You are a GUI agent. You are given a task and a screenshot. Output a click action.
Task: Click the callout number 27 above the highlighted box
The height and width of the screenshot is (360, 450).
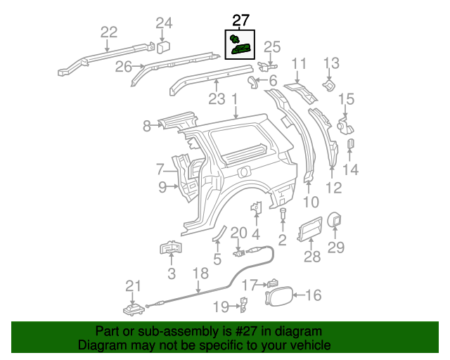(x=240, y=22)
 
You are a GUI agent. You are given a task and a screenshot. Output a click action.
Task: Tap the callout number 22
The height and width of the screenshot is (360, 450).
(x=108, y=32)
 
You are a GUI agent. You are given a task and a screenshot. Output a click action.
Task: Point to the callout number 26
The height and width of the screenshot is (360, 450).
(x=124, y=67)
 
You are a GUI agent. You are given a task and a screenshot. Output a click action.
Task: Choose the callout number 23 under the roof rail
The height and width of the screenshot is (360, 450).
(x=217, y=98)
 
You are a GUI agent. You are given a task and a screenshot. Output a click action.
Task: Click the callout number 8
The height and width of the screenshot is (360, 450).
(x=146, y=127)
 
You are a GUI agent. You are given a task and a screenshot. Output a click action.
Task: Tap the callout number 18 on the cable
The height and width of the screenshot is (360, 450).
(x=200, y=274)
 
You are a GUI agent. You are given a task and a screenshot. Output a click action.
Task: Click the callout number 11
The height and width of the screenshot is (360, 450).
(x=300, y=65)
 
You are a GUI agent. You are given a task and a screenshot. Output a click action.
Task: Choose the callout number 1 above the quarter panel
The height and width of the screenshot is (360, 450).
(x=233, y=101)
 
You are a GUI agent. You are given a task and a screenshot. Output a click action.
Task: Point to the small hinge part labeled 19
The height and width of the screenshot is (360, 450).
(x=244, y=304)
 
